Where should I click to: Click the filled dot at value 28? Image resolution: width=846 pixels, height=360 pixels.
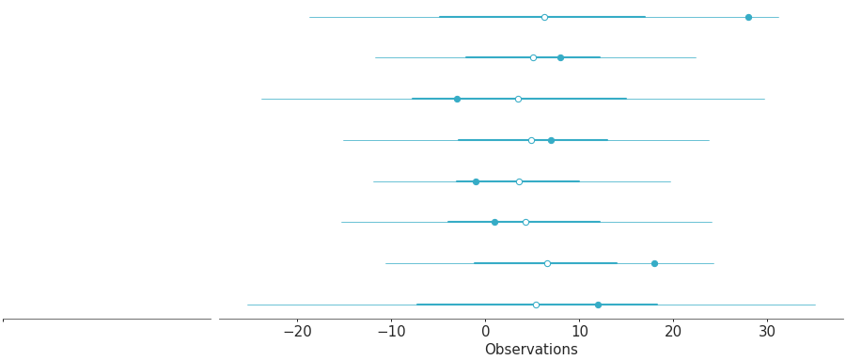[748, 17]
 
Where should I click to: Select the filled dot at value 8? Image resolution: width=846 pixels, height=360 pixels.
[560, 57]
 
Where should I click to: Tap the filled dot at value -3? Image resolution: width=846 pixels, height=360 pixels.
[457, 99]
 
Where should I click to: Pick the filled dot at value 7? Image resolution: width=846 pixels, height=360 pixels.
[551, 140]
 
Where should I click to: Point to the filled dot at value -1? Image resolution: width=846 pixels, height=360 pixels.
[476, 181]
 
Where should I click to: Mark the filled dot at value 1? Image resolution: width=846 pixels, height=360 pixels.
[494, 222]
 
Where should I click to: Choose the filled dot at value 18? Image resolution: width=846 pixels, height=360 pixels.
[654, 263]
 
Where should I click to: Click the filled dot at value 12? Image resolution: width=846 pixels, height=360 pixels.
[598, 305]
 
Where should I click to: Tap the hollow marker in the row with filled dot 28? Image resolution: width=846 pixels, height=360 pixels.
[544, 17]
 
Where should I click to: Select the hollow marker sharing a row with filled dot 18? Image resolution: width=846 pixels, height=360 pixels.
[547, 263]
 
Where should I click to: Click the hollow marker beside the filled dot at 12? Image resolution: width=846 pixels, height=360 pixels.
[536, 305]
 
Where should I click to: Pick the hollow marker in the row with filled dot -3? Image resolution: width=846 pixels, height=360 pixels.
[518, 99]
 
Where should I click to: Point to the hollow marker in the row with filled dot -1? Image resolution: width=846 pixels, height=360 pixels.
[519, 181]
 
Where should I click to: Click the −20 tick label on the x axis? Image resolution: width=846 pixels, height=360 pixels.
[297, 332]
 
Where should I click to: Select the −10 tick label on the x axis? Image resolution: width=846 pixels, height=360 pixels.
[391, 332]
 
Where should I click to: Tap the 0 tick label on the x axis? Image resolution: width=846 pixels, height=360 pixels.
[485, 332]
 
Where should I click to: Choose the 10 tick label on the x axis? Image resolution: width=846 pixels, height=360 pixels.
[579, 332]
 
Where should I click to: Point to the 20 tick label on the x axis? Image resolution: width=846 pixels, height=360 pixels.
[673, 332]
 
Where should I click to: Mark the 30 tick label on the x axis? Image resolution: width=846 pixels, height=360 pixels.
[767, 332]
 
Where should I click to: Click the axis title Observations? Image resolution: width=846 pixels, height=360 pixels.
[531, 350]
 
